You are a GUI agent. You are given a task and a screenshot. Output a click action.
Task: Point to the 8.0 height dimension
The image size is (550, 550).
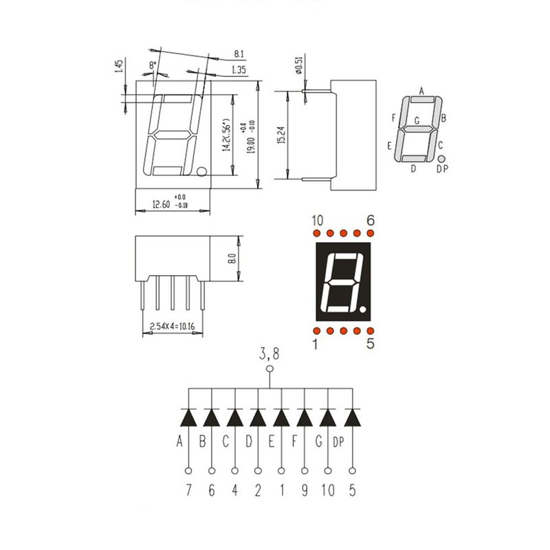coord(232,260)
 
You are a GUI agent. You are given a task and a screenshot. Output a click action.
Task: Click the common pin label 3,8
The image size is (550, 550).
coord(269,355)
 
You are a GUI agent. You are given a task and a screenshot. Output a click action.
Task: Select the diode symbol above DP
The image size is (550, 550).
coord(353,417)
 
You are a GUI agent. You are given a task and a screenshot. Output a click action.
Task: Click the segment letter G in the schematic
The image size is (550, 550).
coord(318,441)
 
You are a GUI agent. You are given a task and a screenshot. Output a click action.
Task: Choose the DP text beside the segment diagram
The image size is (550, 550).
coord(442,168)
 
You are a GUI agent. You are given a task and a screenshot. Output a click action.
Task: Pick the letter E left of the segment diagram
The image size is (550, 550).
coord(390,146)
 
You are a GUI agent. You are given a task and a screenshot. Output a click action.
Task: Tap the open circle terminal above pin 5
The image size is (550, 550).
coord(353,471)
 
